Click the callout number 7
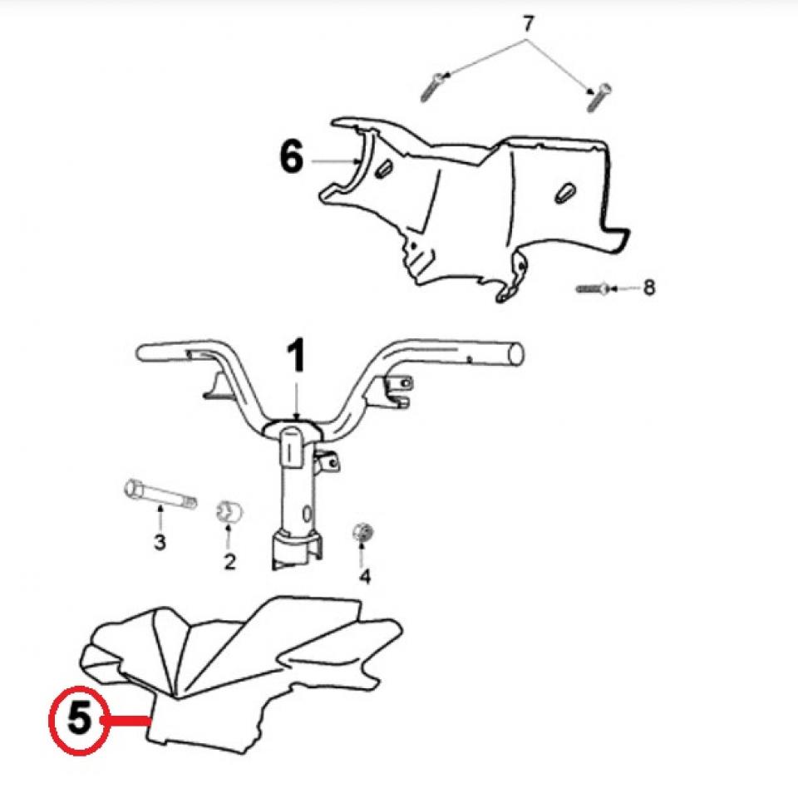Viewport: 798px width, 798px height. click(x=526, y=24)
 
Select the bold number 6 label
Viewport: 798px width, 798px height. click(x=291, y=158)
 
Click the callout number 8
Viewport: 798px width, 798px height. click(x=649, y=288)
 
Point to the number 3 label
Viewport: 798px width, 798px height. click(x=160, y=543)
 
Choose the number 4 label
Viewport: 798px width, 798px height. click(x=364, y=575)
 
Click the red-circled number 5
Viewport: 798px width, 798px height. click(x=79, y=718)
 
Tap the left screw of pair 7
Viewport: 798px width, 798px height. click(x=433, y=86)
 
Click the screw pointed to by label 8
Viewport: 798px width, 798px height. click(x=591, y=288)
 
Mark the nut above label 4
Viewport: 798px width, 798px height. click(x=362, y=533)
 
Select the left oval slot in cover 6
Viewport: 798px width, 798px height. click(x=383, y=170)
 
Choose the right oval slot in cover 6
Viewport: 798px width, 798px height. click(x=564, y=190)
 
